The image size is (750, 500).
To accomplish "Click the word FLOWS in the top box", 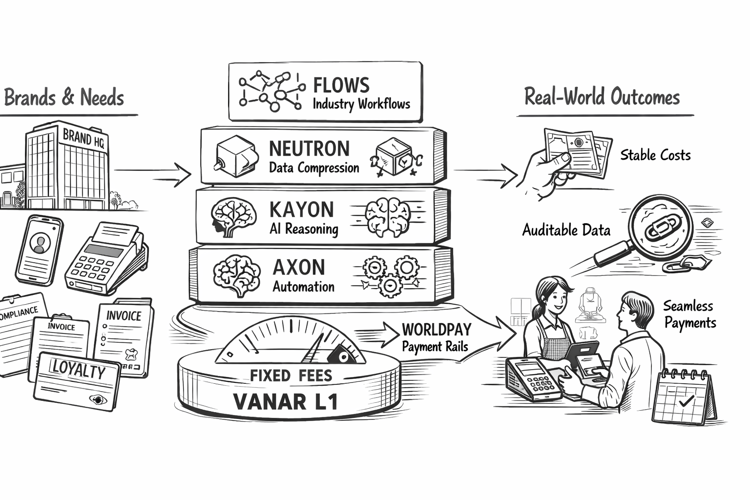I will (341, 85).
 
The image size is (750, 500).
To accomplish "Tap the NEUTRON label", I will (309, 148).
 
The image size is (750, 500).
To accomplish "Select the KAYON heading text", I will (301, 209).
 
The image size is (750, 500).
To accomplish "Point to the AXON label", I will (298, 267).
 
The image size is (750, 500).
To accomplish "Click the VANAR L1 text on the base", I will (286, 402).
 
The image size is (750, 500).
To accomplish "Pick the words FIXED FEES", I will (291, 375).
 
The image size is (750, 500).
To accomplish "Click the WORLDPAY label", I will (437, 330).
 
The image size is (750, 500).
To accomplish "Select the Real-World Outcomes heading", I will (602, 97).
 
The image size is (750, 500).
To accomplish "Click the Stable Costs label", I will (655, 155).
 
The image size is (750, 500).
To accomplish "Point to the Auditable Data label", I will (566, 229).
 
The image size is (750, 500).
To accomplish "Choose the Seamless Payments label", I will (689, 314).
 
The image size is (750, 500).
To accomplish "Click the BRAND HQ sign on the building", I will (83, 138).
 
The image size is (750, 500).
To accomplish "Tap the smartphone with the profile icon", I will (39, 249).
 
